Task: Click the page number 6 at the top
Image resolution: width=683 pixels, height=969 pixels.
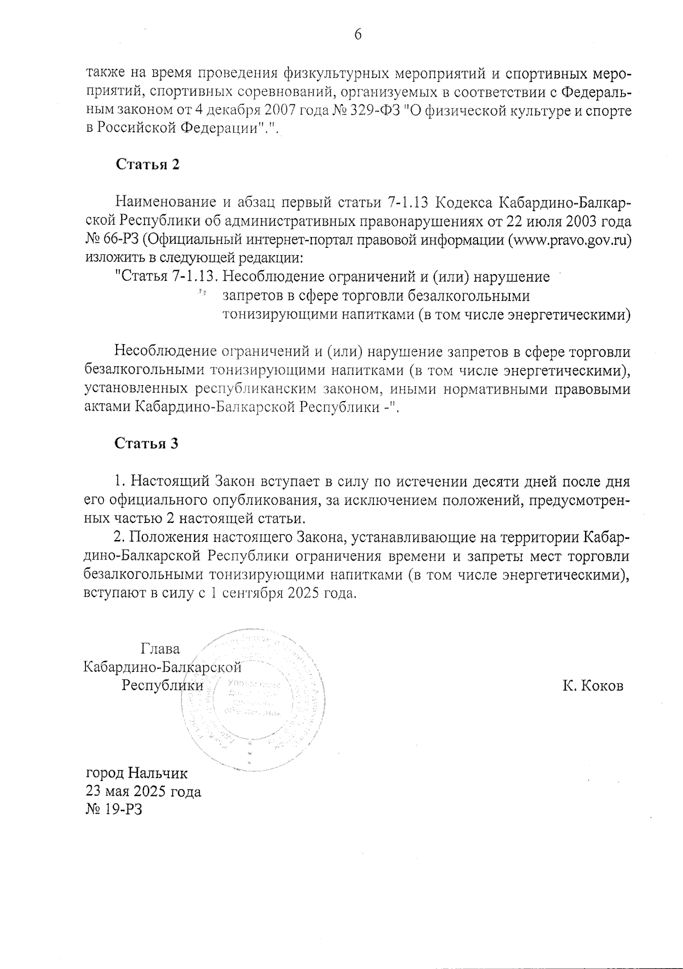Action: (358, 35)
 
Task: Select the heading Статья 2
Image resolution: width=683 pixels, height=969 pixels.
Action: (148, 165)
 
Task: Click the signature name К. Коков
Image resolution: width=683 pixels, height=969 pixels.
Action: (593, 686)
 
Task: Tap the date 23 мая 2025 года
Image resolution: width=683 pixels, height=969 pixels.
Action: (143, 792)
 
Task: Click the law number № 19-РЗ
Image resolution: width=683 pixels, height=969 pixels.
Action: (113, 809)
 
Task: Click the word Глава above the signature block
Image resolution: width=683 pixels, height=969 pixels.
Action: (159, 649)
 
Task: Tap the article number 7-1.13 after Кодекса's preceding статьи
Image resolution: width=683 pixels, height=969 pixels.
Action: (411, 202)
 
